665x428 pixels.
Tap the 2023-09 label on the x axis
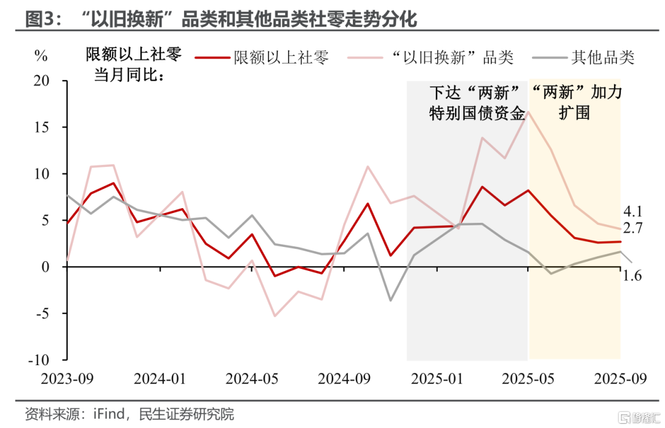pos(67,378)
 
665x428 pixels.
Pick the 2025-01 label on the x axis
pos(436,378)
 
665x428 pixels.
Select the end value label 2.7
pos(632,228)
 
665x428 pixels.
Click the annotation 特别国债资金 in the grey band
pos(477,113)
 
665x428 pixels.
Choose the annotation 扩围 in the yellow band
pos(574,113)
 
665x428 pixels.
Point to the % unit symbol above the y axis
pos(41,56)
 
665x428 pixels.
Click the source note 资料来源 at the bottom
pos(129,414)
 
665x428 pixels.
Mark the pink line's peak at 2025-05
pos(528,112)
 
